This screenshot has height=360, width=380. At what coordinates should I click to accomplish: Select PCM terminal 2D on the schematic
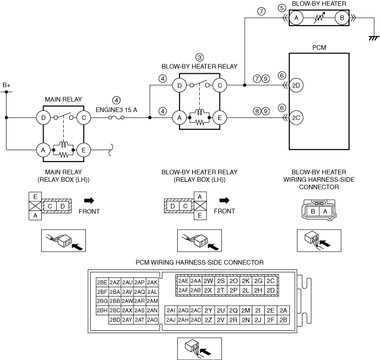tap(297, 85)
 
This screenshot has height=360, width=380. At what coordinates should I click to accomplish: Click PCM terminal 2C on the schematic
tap(297, 118)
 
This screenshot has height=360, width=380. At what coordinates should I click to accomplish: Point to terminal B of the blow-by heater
tap(342, 18)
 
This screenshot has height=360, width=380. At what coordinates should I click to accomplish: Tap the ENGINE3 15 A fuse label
tap(117, 109)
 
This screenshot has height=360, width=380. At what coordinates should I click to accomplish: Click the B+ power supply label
tap(7, 86)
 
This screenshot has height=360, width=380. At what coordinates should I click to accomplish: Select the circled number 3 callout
tap(199, 57)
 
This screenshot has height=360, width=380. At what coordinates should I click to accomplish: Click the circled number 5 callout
tap(281, 8)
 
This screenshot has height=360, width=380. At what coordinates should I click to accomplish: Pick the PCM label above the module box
tap(319, 46)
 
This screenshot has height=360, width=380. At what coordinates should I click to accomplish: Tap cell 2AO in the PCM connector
tap(152, 320)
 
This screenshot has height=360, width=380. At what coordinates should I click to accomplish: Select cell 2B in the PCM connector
tap(284, 320)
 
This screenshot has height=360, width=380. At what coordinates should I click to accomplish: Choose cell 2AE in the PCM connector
tap(183, 281)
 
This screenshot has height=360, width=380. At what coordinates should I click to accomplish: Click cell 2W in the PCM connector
tap(208, 281)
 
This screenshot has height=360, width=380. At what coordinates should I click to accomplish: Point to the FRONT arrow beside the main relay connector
tap(89, 200)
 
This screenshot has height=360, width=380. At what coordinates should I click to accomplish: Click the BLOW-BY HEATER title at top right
tap(319, 4)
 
